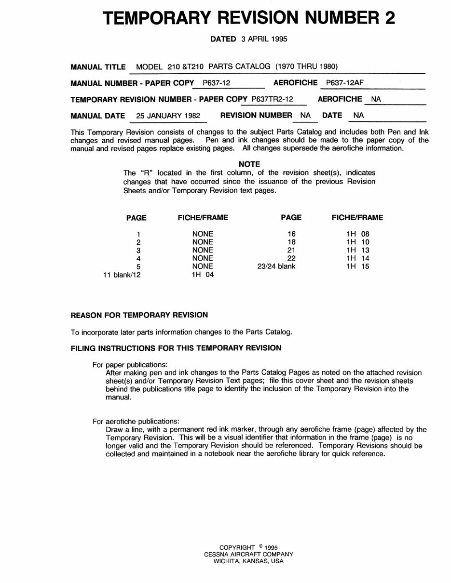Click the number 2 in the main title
pyautogui.click(x=389, y=18)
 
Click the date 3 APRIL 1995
pyautogui.click(x=264, y=39)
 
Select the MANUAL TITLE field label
pyautogui.click(x=98, y=67)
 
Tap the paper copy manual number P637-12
pyautogui.click(x=217, y=83)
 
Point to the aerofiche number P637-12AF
pyautogui.click(x=345, y=83)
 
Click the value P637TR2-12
pyautogui.click(x=273, y=99)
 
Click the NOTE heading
pyautogui.click(x=249, y=164)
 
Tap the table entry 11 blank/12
pyautogui.click(x=122, y=275)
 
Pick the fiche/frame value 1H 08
pyautogui.click(x=357, y=234)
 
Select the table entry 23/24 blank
pyautogui.click(x=276, y=266)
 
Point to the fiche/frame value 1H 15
pyautogui.click(x=357, y=266)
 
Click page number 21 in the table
pyautogui.click(x=291, y=250)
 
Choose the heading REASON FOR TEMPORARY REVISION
pyautogui.click(x=139, y=315)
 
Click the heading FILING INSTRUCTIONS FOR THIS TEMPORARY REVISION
pyautogui.click(x=176, y=348)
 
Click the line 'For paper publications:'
pyautogui.click(x=130, y=365)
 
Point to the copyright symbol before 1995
pyautogui.click(x=260, y=546)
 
